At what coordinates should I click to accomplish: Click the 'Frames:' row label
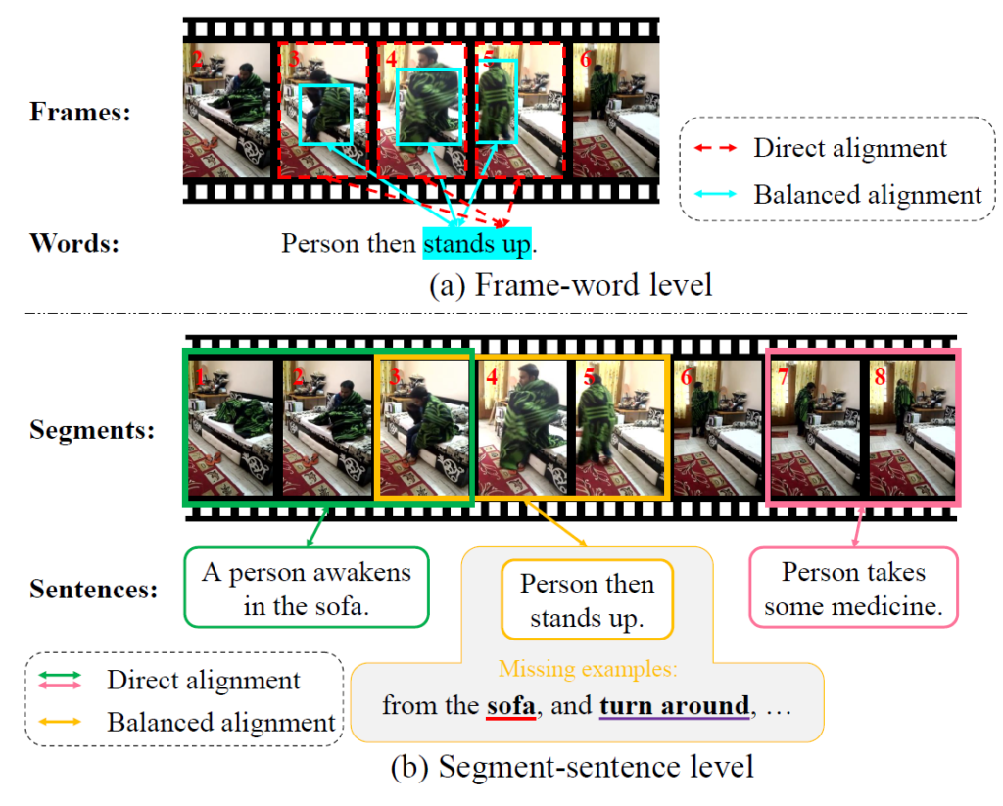coord(80,112)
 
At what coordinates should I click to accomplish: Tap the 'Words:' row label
coord(74,243)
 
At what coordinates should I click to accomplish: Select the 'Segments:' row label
coord(92,430)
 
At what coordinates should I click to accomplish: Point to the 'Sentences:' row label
coord(93,590)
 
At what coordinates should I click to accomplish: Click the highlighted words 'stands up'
coord(477,244)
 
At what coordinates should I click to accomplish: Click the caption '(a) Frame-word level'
coord(571,285)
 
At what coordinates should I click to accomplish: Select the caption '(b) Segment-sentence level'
coord(572,767)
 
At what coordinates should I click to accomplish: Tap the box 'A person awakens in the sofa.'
coord(307,588)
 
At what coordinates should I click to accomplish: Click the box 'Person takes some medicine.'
coord(853,588)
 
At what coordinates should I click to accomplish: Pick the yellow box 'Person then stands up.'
coord(588,600)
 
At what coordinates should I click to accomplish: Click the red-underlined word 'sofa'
coord(510,705)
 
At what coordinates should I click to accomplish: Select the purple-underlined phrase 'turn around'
coord(674,705)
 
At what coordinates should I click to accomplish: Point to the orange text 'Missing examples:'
coord(588,669)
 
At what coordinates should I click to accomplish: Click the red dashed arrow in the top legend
coord(715,148)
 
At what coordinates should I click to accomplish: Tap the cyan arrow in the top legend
coord(715,194)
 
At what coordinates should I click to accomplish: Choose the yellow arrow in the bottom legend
coord(60,722)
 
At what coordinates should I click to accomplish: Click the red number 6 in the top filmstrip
coord(586,60)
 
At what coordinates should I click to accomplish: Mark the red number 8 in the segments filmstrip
coord(881,377)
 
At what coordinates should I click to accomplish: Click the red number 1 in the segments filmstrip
coord(200,377)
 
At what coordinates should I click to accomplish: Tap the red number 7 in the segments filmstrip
coord(783,377)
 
